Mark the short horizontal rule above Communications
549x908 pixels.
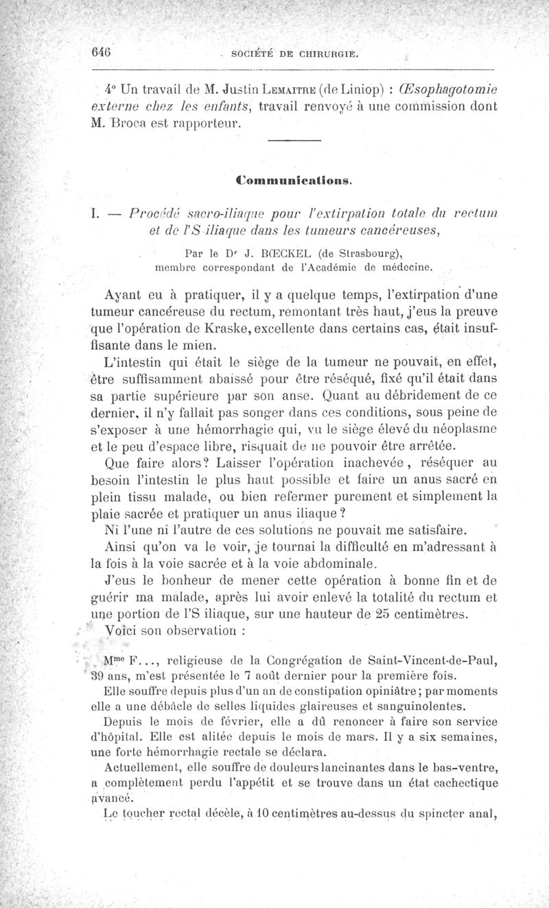point(293,141)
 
